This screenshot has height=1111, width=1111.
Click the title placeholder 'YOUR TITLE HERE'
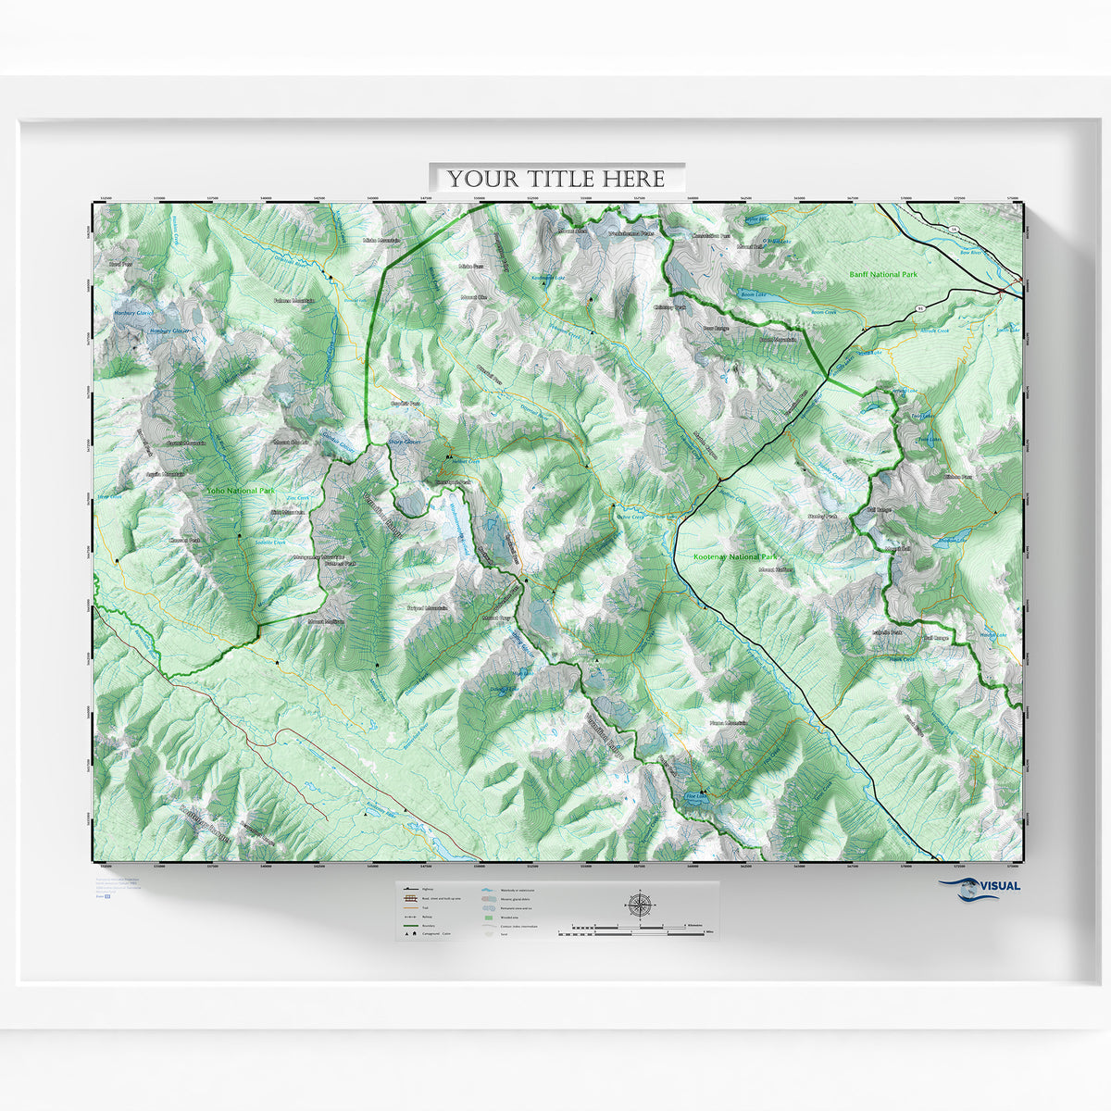click(556, 178)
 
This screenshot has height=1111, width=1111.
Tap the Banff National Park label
click(883, 275)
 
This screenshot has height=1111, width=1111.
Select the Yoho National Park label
click(241, 490)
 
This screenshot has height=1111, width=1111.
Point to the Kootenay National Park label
click(734, 557)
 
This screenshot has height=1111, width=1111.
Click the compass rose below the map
click(640, 905)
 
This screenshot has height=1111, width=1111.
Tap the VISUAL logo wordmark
click(995, 885)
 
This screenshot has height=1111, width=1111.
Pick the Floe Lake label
click(694, 794)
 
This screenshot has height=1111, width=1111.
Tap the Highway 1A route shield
click(953, 229)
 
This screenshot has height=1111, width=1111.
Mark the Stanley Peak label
click(821, 516)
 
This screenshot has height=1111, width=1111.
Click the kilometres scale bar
click(639, 925)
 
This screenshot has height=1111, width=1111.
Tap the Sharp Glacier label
click(406, 443)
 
